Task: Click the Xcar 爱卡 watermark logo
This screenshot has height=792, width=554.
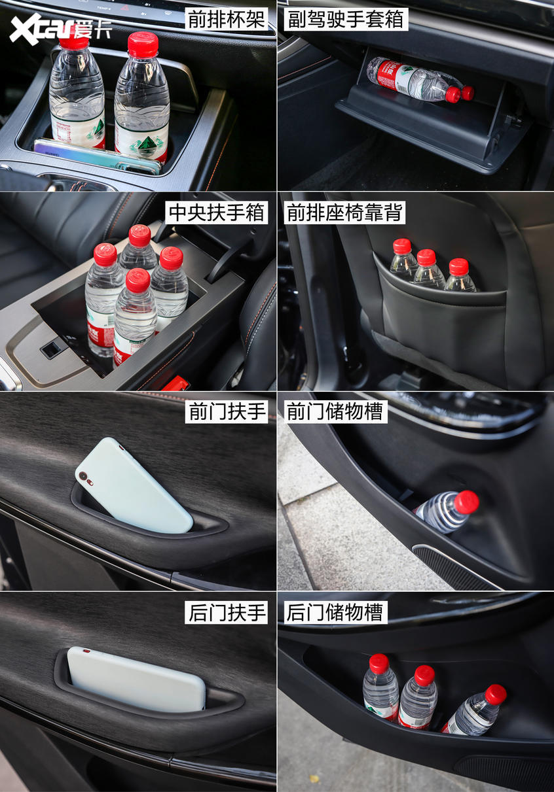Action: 61,29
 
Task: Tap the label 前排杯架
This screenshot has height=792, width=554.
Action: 227,19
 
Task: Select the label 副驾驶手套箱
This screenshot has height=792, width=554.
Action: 346,19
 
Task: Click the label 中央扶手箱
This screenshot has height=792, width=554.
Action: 217,212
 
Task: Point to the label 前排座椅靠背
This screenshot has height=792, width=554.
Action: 344,212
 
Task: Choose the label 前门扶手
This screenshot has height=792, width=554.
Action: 227,411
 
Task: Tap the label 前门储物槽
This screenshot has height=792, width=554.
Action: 335,411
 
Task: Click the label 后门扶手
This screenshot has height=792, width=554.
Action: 227,612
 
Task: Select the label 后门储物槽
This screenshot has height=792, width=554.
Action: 335,612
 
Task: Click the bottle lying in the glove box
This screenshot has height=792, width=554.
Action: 420,80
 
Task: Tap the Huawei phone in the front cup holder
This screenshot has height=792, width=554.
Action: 98,156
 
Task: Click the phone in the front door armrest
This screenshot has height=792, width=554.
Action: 134,486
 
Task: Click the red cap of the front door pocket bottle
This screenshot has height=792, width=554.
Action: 466,502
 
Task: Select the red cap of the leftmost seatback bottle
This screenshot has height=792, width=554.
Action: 402,246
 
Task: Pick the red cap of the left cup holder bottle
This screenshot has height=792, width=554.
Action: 74,38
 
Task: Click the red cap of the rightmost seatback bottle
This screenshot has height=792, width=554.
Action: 458,267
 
